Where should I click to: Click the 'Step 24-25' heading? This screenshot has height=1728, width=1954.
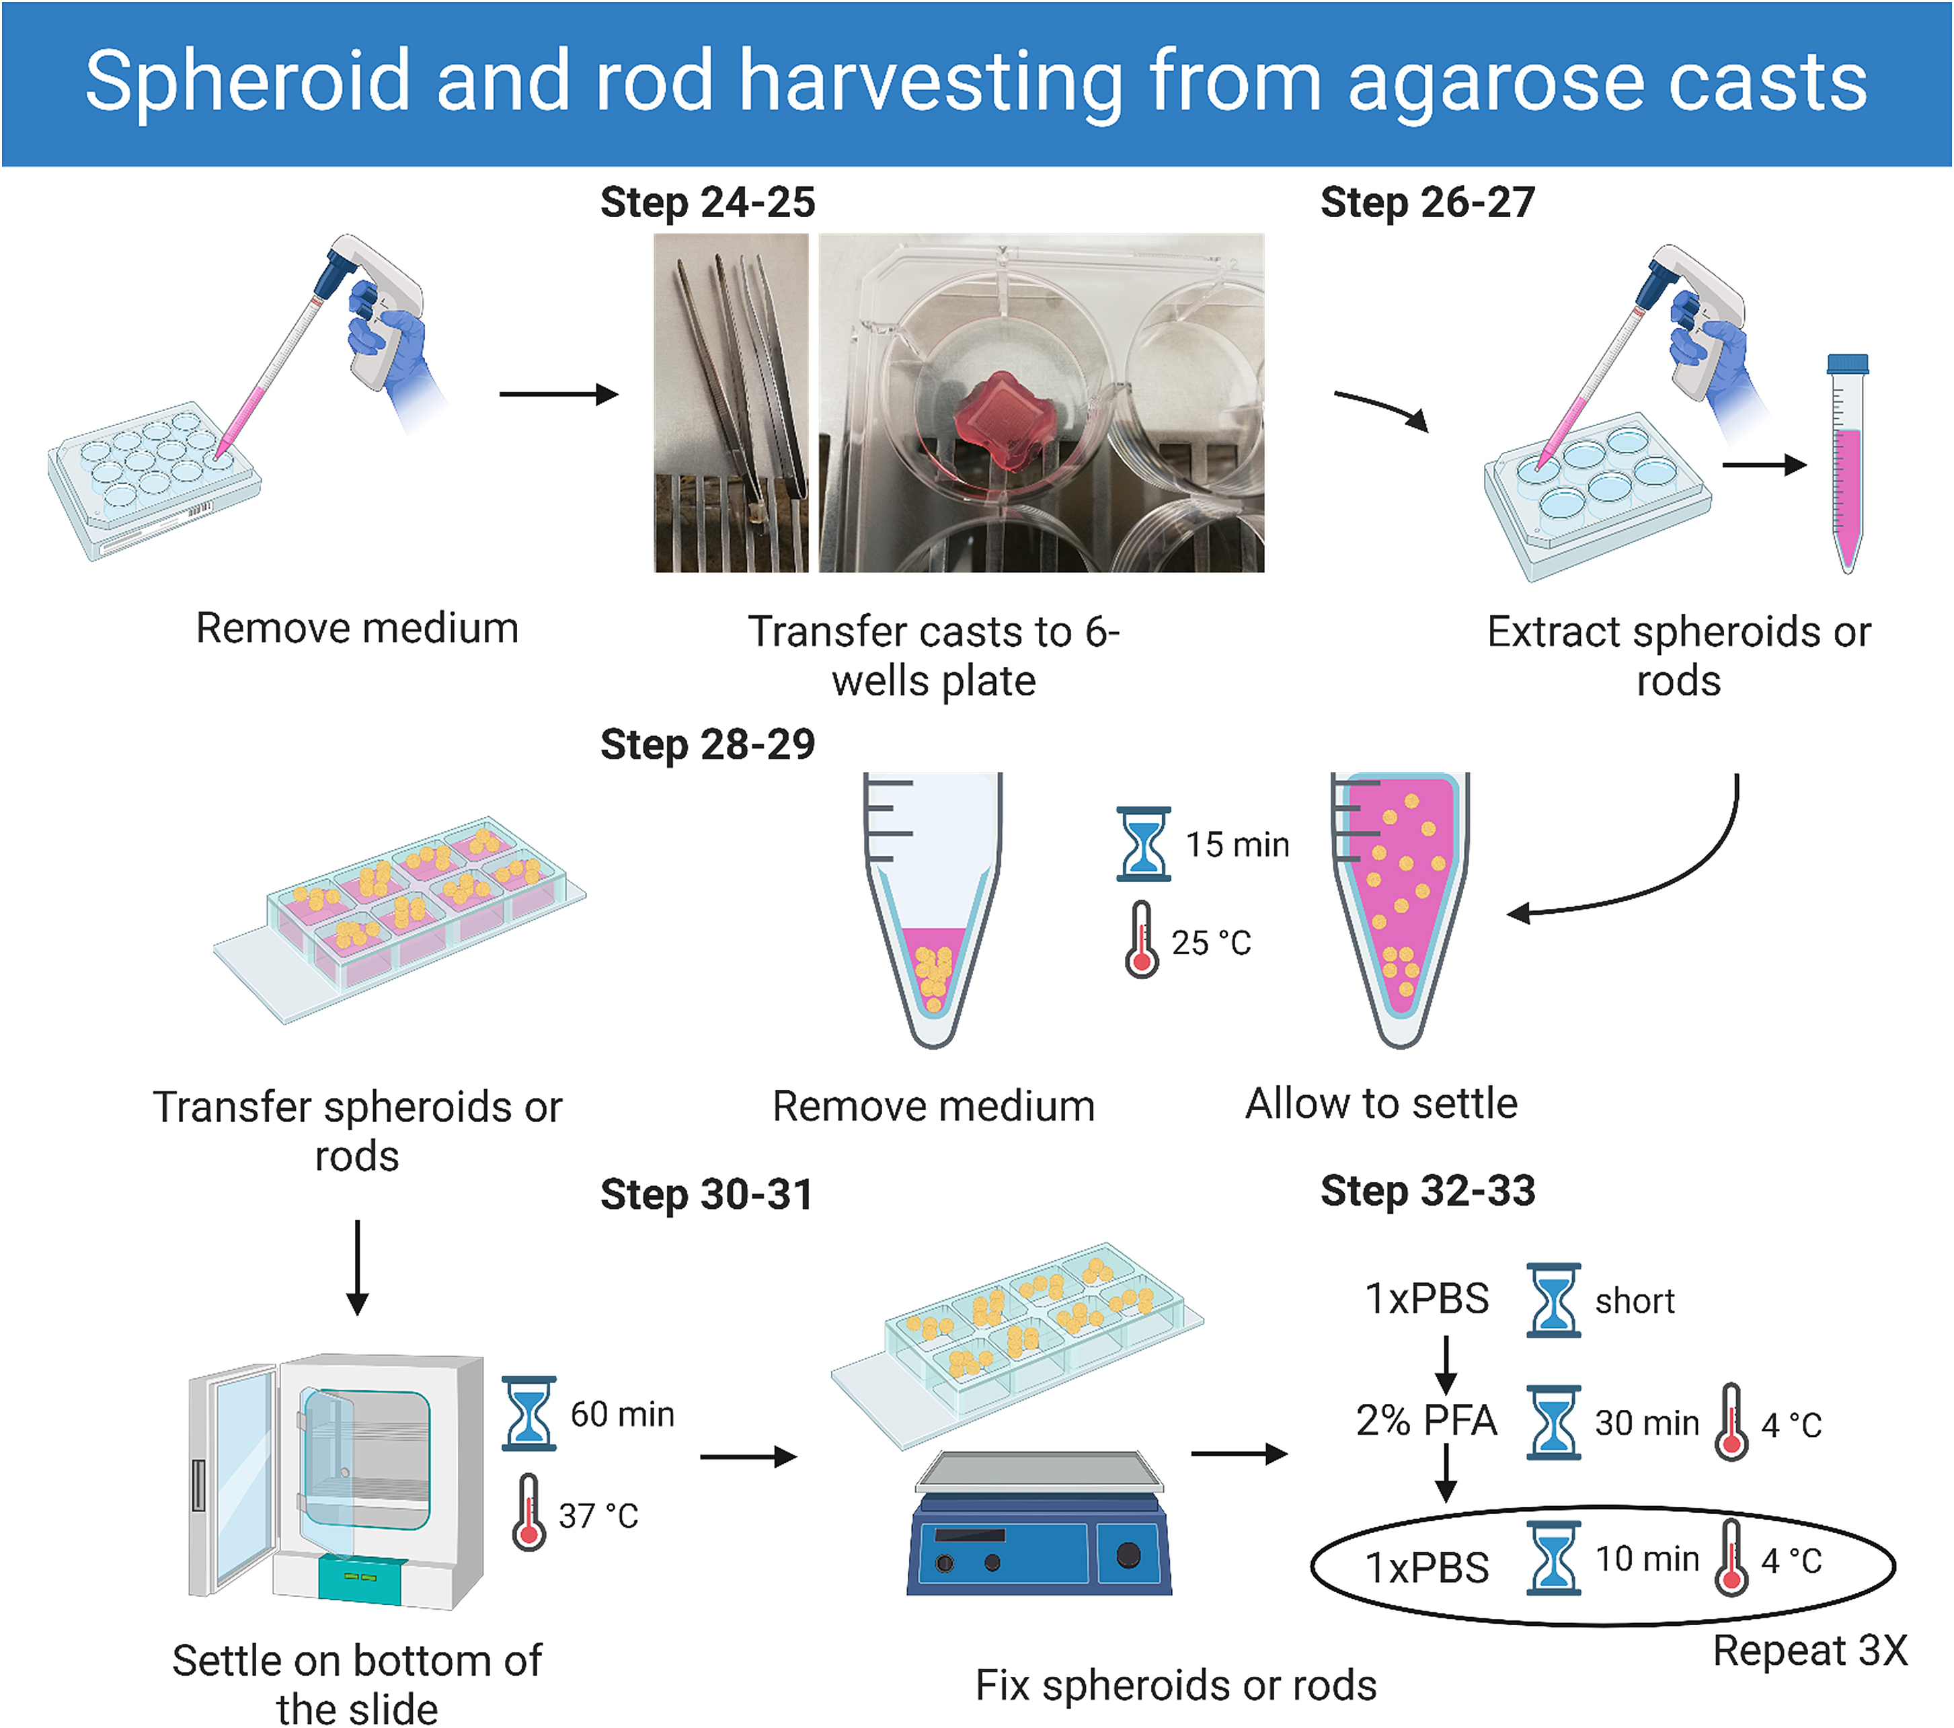(707, 202)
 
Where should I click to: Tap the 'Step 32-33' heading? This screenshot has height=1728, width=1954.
(1428, 1191)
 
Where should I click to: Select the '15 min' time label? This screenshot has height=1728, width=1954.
(1237, 845)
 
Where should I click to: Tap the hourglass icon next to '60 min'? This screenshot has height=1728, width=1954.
(529, 1413)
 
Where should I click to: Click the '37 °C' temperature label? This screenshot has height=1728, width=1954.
(598, 1516)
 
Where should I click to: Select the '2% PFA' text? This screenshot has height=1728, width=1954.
(1425, 1420)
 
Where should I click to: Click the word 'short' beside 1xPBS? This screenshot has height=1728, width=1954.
(1635, 1301)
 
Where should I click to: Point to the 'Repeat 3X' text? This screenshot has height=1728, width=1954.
(1809, 1651)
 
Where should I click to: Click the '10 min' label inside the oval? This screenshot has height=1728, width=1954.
(1646, 1559)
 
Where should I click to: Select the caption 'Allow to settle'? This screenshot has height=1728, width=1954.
(1380, 1104)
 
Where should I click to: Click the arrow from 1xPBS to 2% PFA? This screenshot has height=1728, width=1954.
(1446, 1365)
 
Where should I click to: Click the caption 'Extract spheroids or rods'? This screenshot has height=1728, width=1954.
(1678, 656)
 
